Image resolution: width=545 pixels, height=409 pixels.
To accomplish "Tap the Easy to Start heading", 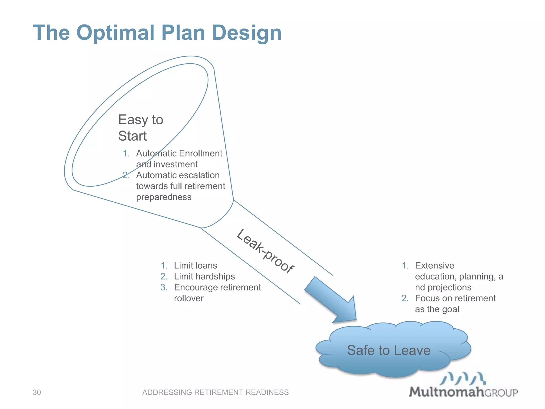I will click(x=140, y=128).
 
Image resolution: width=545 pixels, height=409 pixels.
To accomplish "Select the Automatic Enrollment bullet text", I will click(x=179, y=153).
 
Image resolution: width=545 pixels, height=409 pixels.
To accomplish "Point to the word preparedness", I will click(x=164, y=197).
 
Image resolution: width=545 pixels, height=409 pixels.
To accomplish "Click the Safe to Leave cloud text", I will click(x=389, y=350).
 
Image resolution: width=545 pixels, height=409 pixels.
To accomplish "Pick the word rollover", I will click(x=189, y=298).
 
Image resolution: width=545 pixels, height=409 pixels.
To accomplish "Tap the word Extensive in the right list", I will click(x=434, y=265).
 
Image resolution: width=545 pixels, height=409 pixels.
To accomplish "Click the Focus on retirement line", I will click(x=455, y=298).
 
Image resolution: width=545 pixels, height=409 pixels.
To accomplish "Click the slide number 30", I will click(x=37, y=392).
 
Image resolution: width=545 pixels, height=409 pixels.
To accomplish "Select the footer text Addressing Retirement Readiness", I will click(x=215, y=392).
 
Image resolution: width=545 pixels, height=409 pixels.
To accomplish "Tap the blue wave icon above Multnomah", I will click(x=463, y=378).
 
